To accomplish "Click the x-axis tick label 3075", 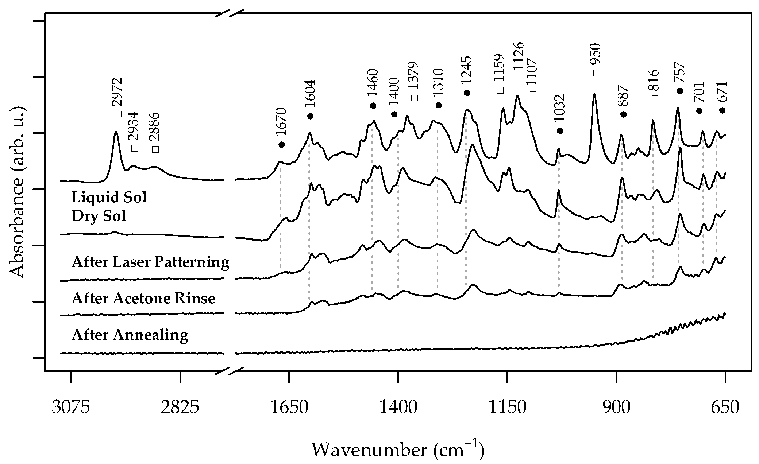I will point(71,408).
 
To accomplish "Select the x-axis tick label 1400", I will point(398,408).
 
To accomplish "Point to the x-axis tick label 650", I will point(725,408).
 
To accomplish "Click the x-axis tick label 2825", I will point(180,408).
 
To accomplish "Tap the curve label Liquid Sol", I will point(109,198).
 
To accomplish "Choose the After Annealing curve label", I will point(130,334).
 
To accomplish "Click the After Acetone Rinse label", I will point(143,299).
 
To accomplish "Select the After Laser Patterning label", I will point(150,262).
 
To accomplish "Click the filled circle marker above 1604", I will point(310,116).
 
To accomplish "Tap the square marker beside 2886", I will point(155,149).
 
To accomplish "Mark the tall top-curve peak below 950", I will point(594,95).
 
